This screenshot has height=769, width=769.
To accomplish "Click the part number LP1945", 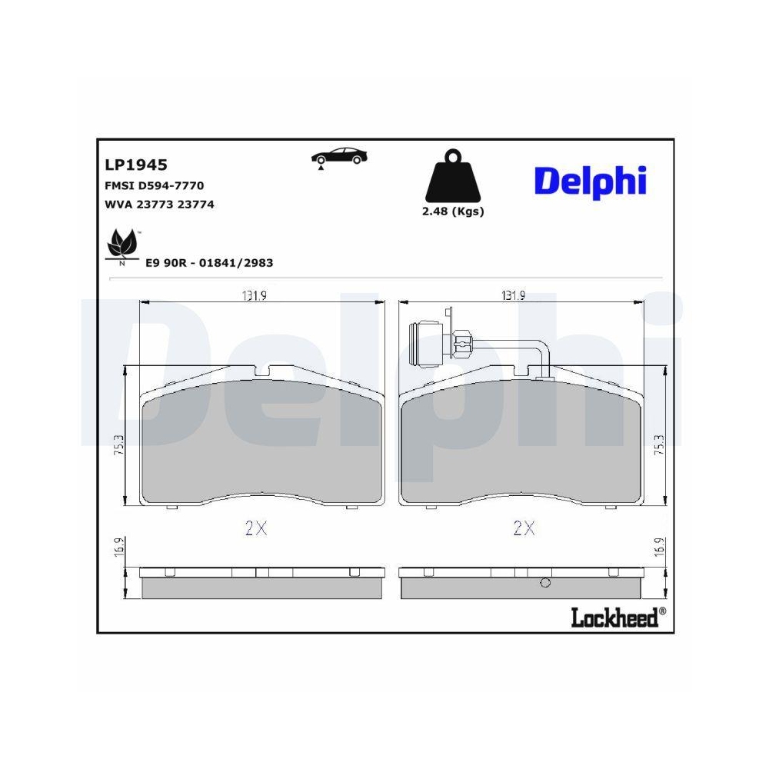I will (135, 165).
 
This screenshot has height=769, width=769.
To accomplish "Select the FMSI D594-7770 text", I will (153, 185).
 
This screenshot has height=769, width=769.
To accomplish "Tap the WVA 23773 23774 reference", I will (158, 205).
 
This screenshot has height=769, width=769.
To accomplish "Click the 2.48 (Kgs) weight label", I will (453, 211).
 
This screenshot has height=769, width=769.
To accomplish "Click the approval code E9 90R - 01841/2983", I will (209, 263).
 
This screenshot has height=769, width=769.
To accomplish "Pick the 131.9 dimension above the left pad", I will (254, 296).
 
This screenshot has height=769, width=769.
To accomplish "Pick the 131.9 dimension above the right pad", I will (513, 296).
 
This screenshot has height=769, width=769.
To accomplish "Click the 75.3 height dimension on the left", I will (118, 446).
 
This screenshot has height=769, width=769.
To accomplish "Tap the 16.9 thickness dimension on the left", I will (118, 549).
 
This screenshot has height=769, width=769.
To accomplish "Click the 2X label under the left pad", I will (255, 528).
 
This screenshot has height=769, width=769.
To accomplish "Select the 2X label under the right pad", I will (524, 528).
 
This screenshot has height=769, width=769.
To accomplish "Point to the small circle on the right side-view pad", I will (545, 582).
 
